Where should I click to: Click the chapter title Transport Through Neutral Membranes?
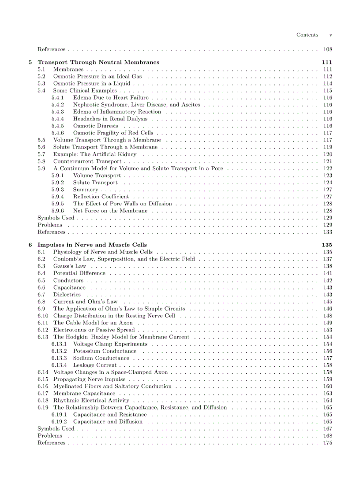(x=98, y=62)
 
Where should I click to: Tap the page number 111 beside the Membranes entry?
(x=327, y=69)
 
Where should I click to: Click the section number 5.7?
(x=41, y=154)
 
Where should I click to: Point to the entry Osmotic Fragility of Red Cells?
(x=113, y=133)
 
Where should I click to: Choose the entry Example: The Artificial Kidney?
(x=94, y=154)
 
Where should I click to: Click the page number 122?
(x=327, y=168)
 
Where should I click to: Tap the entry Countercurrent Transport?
(x=87, y=161)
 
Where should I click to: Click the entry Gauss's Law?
(x=69, y=266)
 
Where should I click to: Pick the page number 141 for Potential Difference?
(x=327, y=273)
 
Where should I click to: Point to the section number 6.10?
(x=43, y=316)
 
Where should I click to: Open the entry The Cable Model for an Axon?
(x=93, y=323)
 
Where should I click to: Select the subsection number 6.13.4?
(x=59, y=365)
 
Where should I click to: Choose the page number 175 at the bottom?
(x=327, y=443)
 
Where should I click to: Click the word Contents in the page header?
(x=307, y=35)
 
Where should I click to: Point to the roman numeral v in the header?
(x=330, y=35)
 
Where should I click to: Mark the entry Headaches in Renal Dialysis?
(x=110, y=119)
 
